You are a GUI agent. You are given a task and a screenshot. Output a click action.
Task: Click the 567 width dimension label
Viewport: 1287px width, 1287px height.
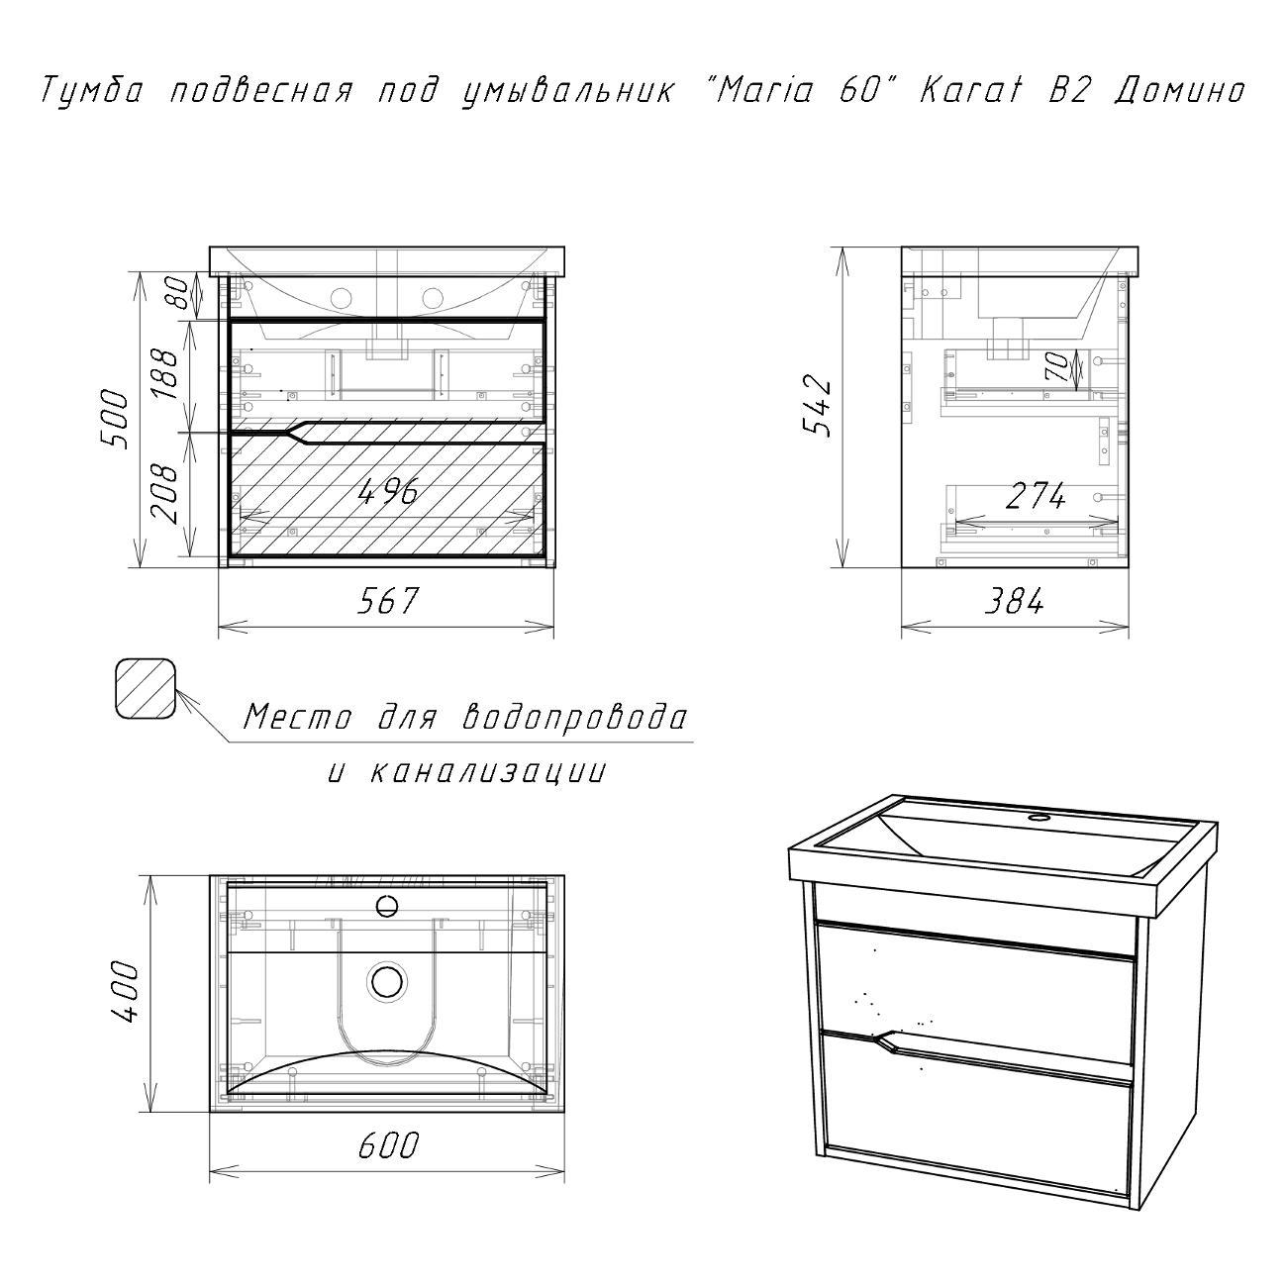tap(387, 600)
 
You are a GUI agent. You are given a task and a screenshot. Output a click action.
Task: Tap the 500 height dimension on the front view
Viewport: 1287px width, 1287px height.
tap(112, 419)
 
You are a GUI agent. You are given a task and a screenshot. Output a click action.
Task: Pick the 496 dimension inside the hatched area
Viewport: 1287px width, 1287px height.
tap(387, 492)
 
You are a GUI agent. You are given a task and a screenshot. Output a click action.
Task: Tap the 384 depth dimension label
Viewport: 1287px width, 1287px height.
tap(1013, 601)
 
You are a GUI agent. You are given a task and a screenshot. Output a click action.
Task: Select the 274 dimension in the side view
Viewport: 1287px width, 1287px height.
tap(1036, 496)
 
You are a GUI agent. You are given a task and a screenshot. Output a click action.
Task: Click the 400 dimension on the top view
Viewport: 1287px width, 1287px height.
tap(126, 991)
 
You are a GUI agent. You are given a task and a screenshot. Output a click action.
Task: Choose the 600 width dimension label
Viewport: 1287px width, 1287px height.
tap(388, 1145)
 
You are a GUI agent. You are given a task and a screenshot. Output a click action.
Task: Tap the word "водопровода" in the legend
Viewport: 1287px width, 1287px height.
tap(575, 718)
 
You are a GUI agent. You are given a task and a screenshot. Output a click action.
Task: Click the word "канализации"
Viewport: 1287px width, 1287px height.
tap(487, 771)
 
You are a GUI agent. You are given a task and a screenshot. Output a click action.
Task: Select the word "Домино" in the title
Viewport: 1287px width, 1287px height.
tap(1179, 90)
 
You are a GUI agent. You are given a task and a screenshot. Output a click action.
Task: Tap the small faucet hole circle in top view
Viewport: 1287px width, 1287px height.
tap(387, 906)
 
